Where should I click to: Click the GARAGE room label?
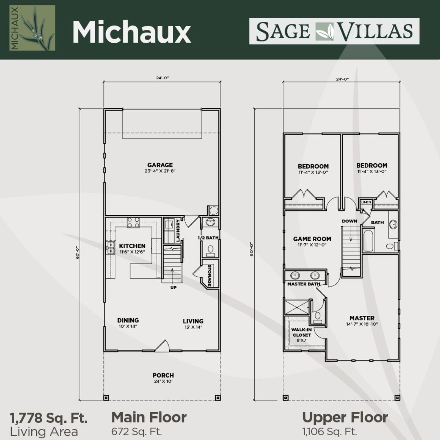(x=160, y=165)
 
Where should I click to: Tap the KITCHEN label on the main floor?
(x=132, y=246)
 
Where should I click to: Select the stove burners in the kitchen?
(x=133, y=222)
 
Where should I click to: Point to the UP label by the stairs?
(x=173, y=287)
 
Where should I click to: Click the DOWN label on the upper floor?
(x=350, y=221)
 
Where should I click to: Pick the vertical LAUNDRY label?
(x=178, y=230)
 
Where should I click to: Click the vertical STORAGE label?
(x=210, y=275)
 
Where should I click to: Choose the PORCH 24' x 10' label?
(x=163, y=378)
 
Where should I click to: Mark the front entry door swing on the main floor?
(x=162, y=346)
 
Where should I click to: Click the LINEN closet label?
(x=366, y=202)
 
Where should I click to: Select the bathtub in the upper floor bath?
(x=368, y=241)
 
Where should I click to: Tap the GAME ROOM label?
(x=312, y=239)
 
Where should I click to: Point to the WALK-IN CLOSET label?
(x=302, y=332)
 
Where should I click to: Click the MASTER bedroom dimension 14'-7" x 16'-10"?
(x=362, y=324)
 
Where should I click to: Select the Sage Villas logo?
(x=334, y=31)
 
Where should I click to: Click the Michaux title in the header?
(x=132, y=32)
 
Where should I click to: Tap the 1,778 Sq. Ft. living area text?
(x=49, y=418)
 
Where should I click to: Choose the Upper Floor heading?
(x=345, y=417)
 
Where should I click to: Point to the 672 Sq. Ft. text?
(x=136, y=431)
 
